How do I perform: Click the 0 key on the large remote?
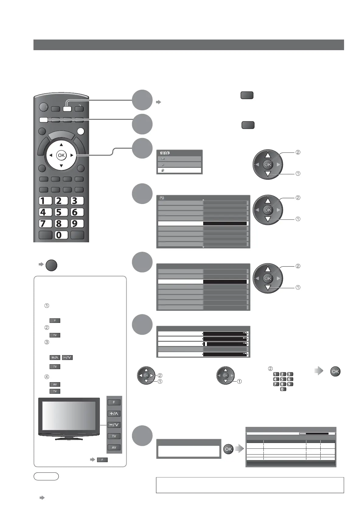[x=61, y=235]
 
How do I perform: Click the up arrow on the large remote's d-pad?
[x=61, y=145]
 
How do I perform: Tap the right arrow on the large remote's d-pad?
[x=72, y=155]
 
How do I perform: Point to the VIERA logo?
[x=165, y=153]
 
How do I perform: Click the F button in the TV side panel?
[x=114, y=402]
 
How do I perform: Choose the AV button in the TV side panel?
[x=114, y=447]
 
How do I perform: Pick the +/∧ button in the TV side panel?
[x=114, y=413]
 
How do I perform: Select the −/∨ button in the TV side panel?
[x=114, y=425]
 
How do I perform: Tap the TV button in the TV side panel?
[x=114, y=436]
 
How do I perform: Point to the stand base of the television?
[x=69, y=438]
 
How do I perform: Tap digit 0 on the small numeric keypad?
[x=283, y=389]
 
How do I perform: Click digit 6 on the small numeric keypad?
[x=290, y=379]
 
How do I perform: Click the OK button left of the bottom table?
[x=228, y=449]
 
